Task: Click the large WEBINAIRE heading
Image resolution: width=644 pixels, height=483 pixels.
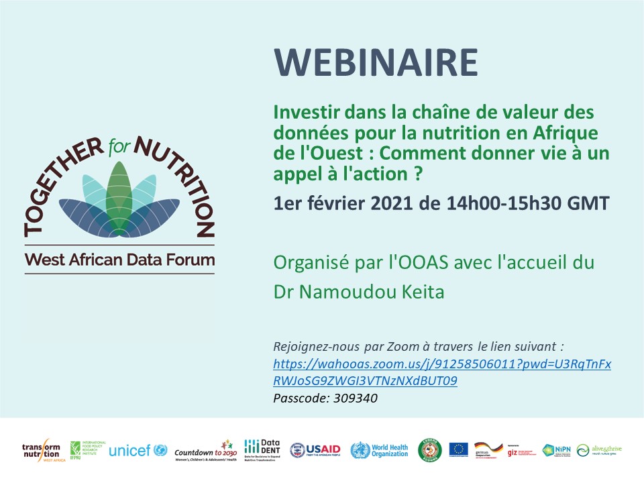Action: [376, 64]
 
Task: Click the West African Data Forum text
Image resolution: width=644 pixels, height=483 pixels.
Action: [120, 260]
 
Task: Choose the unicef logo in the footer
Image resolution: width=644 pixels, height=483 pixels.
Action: [138, 450]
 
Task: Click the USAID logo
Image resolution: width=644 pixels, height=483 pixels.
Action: [315, 450]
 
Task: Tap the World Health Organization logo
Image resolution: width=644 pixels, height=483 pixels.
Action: [379, 450]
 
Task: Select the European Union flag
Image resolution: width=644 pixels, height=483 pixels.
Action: [459, 449]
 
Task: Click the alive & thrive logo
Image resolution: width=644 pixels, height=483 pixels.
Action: [599, 450]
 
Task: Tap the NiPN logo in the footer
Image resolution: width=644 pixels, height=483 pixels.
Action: [556, 450]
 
